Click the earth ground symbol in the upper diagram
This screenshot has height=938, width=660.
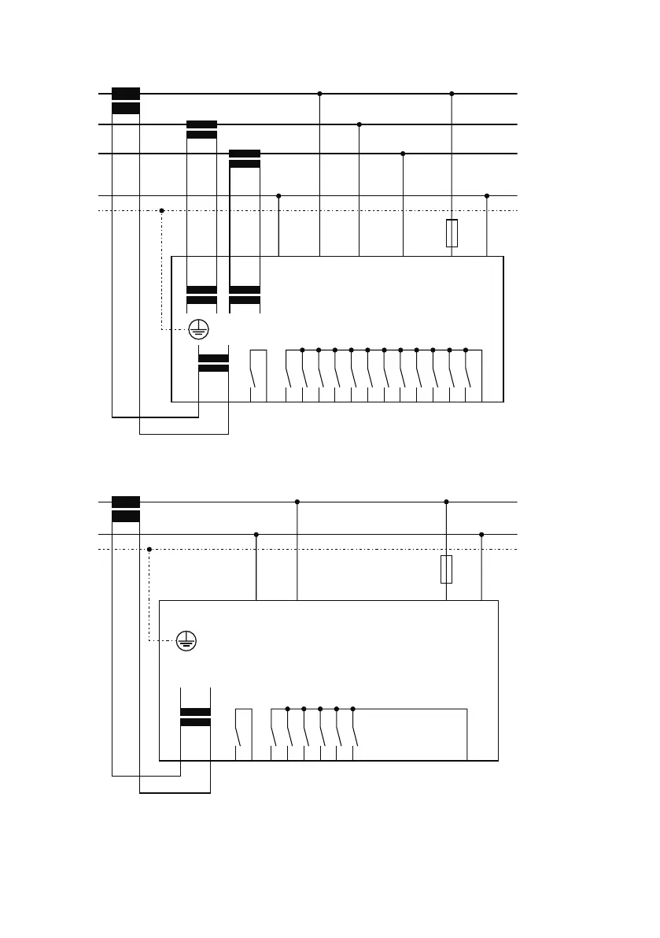[x=198, y=329]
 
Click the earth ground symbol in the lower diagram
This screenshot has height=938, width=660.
[x=186, y=641]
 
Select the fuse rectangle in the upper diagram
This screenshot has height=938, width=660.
[x=452, y=234]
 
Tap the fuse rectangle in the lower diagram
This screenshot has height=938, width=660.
[x=446, y=569]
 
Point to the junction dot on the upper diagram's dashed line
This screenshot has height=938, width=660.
[x=161, y=210]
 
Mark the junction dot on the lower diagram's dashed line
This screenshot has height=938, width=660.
[x=149, y=549]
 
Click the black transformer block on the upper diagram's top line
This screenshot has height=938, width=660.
[x=126, y=101]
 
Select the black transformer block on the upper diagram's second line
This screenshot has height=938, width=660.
[x=201, y=130]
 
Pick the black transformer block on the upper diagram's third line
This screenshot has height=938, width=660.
[x=244, y=158]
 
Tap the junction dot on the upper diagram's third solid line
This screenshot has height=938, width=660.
[x=403, y=154]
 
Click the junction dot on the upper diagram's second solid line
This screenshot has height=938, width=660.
[x=359, y=124]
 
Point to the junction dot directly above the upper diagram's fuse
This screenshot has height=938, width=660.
[x=452, y=94]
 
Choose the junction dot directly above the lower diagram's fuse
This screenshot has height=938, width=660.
[x=446, y=502]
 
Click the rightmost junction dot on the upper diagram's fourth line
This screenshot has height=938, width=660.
[x=487, y=195]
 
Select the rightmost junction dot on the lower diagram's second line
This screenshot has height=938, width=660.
[x=481, y=535]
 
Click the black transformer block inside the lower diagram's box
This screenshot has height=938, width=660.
[x=195, y=717]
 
